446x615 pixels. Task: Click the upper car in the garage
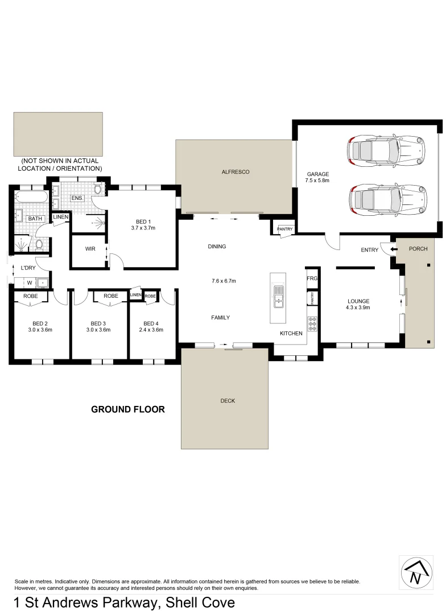[x=386, y=150]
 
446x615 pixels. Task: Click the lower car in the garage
[x=386, y=200]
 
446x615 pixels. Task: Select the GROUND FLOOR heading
[x=128, y=409]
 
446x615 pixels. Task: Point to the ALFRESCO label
[x=236, y=171]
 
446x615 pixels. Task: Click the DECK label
[x=228, y=401]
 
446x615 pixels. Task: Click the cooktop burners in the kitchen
[x=312, y=324]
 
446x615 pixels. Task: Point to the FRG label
[x=312, y=278]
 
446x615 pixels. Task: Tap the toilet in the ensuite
[x=97, y=190]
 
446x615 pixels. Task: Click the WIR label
[x=90, y=249]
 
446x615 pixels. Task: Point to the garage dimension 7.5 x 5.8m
[x=317, y=181]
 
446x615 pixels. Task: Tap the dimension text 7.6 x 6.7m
[x=224, y=281]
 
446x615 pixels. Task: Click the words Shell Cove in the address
[x=200, y=602]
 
